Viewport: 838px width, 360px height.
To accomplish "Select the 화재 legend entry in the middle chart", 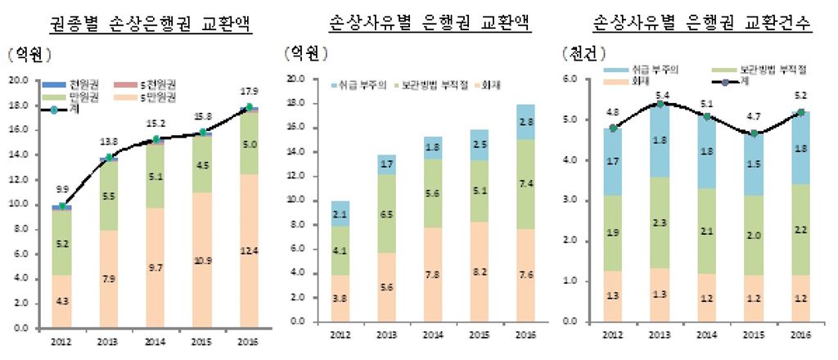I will [x=470, y=84].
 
